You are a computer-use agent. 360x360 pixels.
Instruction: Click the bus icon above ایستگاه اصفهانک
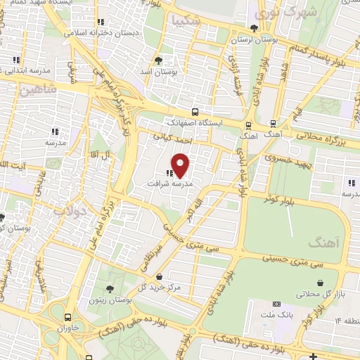coord(195,112)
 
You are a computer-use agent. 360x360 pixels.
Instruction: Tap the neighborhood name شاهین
coord(36,90)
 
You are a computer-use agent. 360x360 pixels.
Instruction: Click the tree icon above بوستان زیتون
coord(109,289)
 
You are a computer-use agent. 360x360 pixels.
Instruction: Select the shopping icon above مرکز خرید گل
coord(162,276)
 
